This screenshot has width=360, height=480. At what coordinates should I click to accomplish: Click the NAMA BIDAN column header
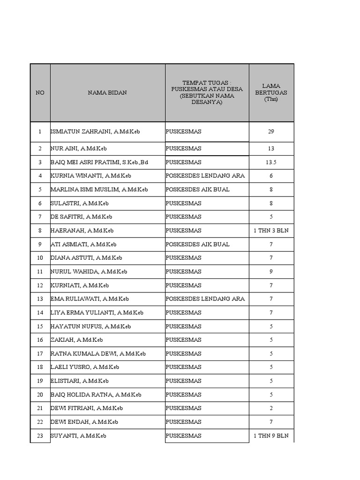tap(107, 93)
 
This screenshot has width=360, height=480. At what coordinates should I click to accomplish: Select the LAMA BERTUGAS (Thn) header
tap(271, 93)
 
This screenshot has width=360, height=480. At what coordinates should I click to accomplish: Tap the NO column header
tap(40, 93)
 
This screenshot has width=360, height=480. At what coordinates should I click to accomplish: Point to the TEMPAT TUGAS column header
tap(207, 93)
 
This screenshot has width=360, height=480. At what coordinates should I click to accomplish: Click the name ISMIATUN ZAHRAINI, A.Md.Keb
tap(95, 132)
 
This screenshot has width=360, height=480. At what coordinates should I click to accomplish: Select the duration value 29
tap(271, 132)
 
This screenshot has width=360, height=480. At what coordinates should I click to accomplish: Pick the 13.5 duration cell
tap(271, 162)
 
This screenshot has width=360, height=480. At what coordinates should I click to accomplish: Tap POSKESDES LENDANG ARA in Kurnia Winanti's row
tap(205, 176)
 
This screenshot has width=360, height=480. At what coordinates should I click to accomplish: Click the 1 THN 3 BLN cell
tap(271, 231)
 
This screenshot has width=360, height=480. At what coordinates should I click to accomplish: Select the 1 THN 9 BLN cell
tap(271, 436)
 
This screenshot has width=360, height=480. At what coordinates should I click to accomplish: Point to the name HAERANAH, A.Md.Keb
tap(82, 231)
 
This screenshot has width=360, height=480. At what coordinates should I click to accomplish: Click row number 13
tap(40, 299)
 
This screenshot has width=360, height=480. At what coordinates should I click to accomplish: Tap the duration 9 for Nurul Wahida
tap(271, 271)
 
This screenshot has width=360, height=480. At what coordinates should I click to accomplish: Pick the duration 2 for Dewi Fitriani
tap(271, 408)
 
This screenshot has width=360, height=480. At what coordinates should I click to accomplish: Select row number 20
tap(40, 395)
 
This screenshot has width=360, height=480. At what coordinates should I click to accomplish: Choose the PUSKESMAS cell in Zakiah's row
tap(183, 340)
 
